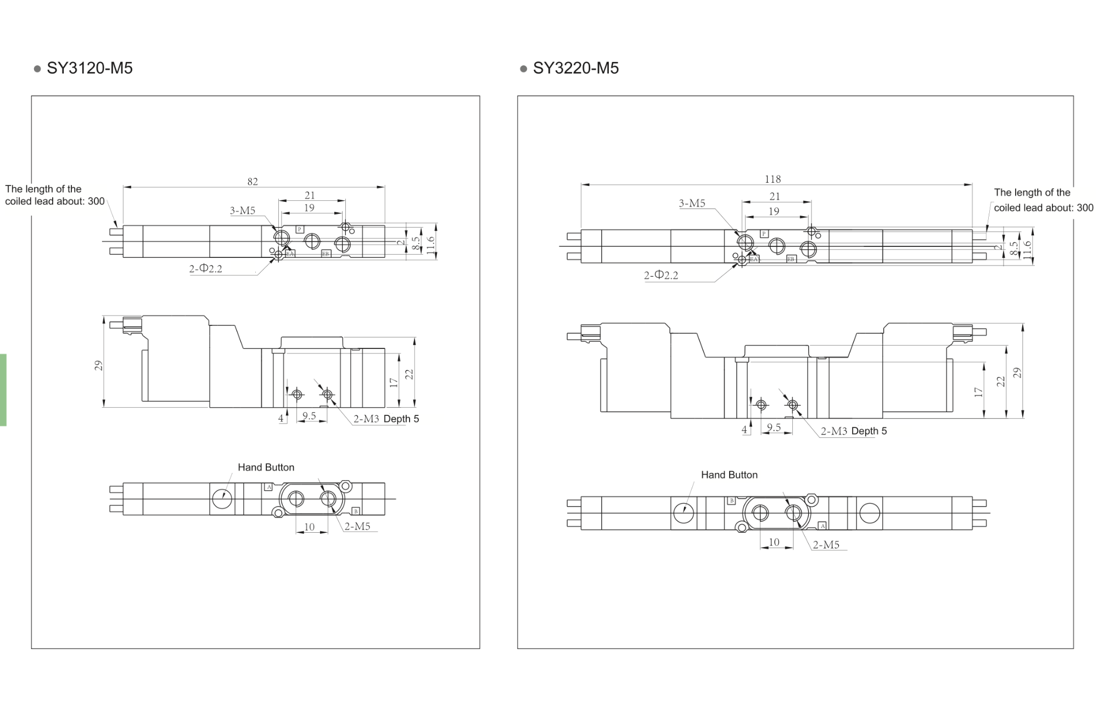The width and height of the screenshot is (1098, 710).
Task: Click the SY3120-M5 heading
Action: [89, 68]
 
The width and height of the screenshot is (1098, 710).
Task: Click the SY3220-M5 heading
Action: [575, 68]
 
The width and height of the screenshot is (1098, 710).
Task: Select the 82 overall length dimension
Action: [253, 182]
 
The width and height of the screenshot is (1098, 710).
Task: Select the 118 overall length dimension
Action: [772, 179]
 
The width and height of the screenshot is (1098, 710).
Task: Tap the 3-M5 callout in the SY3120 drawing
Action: [243, 211]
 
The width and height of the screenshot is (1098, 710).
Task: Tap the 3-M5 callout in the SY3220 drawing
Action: [692, 204]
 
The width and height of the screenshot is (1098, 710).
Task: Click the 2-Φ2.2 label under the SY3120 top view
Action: [206, 269]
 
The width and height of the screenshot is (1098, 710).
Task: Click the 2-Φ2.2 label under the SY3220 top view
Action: [661, 275]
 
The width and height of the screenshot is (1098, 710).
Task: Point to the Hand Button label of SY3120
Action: [266, 467]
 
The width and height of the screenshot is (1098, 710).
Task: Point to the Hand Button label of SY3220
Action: [729, 475]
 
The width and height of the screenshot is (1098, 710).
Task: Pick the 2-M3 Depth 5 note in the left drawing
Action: [386, 419]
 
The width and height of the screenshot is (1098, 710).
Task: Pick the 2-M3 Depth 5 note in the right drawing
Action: [854, 431]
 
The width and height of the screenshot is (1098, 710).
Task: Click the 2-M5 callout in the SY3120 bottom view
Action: [357, 527]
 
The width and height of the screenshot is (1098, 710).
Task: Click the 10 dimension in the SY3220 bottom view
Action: [774, 542]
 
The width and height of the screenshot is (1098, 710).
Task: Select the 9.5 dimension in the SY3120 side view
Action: [309, 416]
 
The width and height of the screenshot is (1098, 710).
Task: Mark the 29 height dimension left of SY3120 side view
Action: [98, 365]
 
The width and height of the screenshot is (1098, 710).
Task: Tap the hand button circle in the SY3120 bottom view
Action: [222, 499]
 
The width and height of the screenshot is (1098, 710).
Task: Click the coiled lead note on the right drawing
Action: [1043, 200]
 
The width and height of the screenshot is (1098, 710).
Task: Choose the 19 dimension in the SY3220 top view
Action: [774, 211]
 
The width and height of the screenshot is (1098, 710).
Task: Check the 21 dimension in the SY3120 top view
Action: [310, 195]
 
